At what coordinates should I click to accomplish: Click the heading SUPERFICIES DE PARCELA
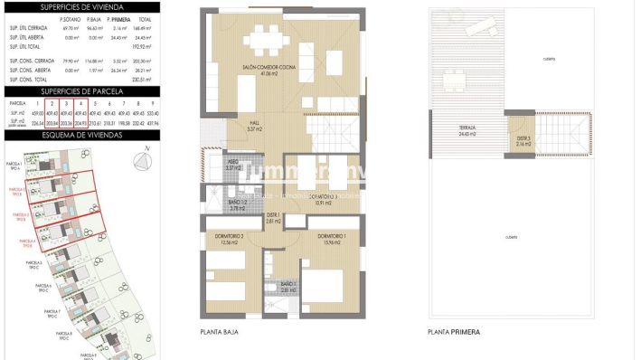[80, 91]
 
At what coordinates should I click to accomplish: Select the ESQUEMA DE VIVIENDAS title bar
[80, 135]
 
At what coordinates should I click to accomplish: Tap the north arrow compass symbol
[142, 161]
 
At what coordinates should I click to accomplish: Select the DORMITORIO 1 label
[331, 237]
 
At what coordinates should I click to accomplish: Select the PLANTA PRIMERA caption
[454, 333]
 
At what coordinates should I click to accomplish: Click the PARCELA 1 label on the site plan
[16, 165]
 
